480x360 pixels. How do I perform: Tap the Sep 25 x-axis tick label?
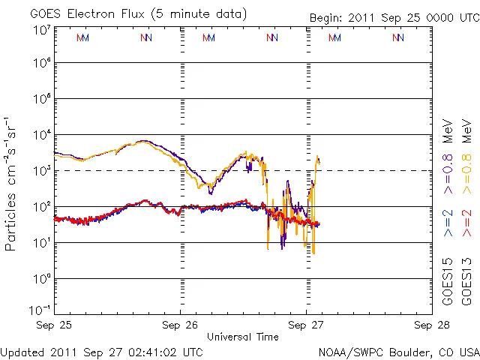point(54,325)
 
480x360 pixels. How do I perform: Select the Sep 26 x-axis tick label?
point(179,325)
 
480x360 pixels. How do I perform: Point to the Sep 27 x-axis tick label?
point(306,325)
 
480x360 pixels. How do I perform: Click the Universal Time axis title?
point(243,337)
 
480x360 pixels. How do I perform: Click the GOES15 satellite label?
point(448,281)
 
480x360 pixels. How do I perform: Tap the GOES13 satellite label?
point(466,281)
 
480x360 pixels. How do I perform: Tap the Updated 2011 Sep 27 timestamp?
point(101,351)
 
